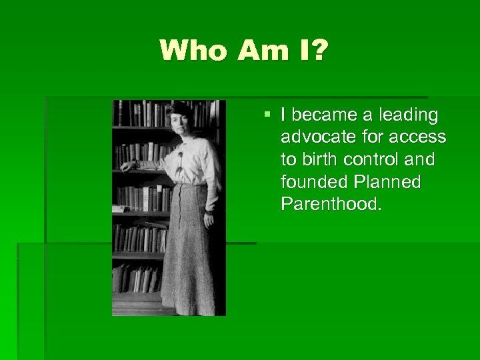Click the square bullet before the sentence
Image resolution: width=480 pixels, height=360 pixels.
(x=267, y=115)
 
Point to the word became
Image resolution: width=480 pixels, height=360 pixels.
(x=322, y=115)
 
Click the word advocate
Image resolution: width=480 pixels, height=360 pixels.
(x=310, y=137)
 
